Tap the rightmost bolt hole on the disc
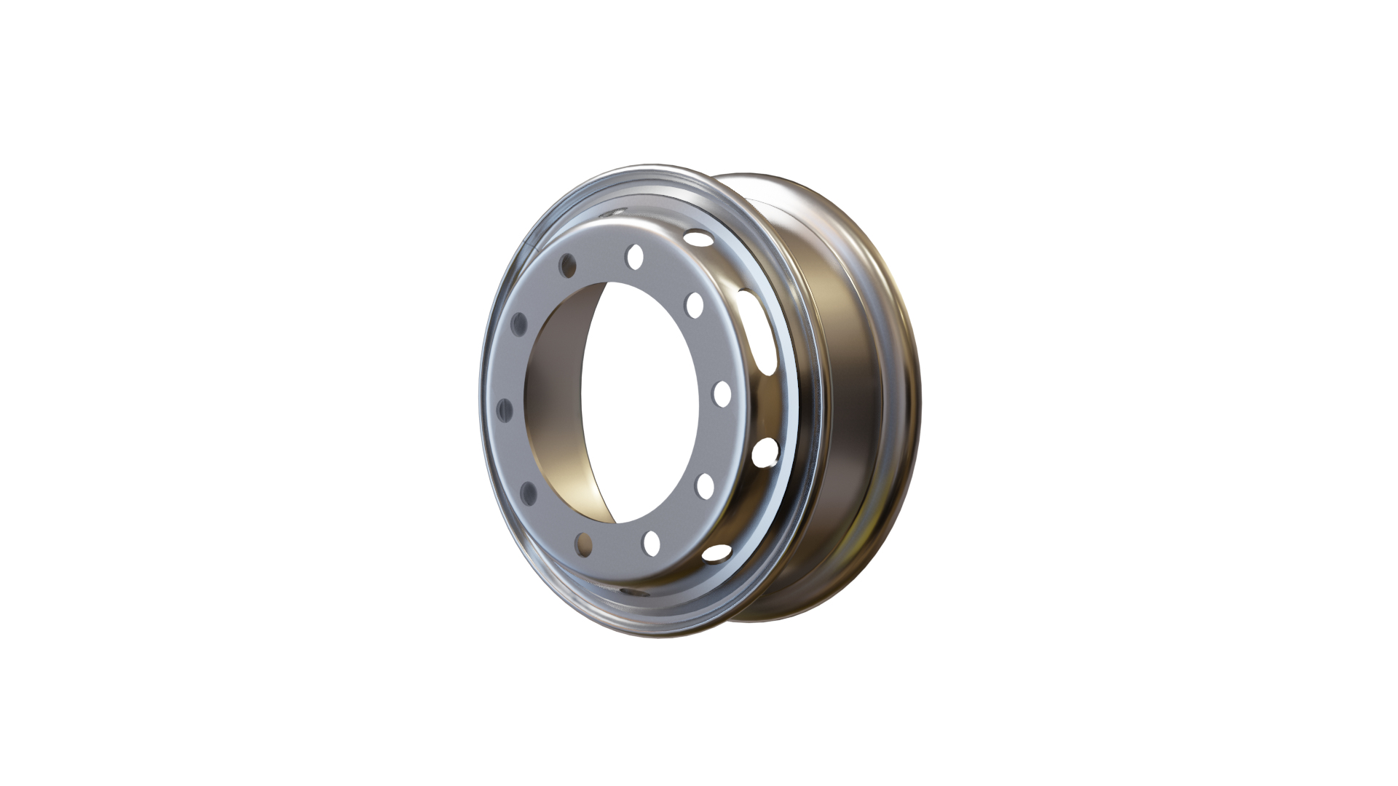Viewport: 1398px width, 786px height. [x=722, y=393]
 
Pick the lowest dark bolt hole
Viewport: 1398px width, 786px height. [x=583, y=541]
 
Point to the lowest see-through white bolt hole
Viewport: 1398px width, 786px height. [x=652, y=541]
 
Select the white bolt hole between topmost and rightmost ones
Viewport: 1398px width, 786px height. [x=695, y=304]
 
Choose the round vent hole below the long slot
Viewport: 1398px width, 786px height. [x=764, y=452]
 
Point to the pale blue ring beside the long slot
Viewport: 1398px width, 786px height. [x=788, y=349]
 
